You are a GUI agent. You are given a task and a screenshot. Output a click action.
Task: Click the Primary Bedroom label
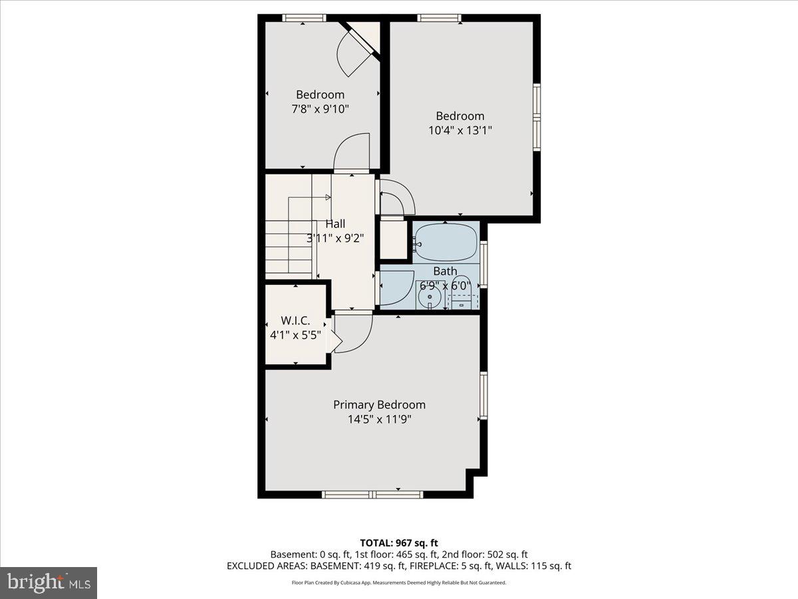tap(379, 405)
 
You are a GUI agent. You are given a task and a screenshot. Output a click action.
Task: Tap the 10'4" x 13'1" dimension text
tap(460, 130)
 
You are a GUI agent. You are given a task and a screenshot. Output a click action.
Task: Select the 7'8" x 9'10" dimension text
tap(320, 109)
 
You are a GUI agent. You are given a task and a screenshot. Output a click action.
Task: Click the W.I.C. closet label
tap(296, 321)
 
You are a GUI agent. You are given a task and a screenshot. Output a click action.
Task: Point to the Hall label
tap(334, 224)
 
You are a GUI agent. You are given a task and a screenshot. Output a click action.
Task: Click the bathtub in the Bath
tap(446, 242)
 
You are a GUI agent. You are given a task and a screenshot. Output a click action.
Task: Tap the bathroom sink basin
tap(430, 296)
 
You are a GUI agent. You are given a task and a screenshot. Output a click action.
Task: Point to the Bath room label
tap(445, 271)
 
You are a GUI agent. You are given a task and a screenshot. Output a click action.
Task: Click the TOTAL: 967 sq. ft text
tap(399, 543)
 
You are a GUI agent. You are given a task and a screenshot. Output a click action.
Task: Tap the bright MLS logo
tap(49, 582)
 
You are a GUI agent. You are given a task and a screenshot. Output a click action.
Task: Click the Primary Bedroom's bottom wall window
tap(372, 495)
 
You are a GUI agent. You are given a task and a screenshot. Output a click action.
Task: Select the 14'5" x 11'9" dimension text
tap(379, 419)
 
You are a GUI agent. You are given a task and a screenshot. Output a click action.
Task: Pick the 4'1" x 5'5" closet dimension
tap(296, 335)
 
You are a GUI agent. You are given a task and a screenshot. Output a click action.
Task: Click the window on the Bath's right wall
tap(483, 265)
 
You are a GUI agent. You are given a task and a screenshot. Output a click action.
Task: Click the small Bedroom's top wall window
tap(304, 18)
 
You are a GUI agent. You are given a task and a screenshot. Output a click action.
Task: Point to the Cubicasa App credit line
tap(399, 582)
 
